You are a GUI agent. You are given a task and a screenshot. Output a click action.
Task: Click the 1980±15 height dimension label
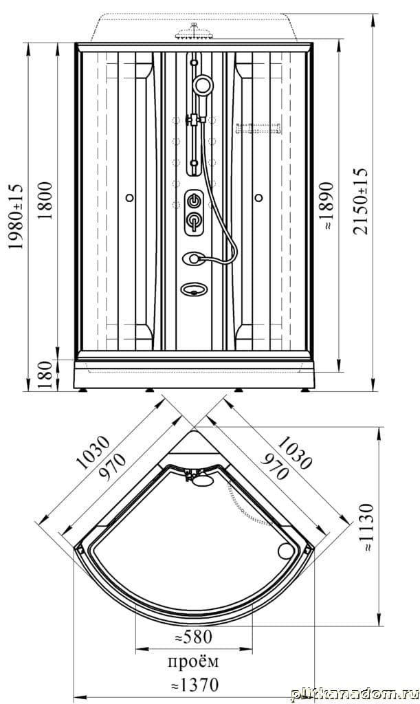16,217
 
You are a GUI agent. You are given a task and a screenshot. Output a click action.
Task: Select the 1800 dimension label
45,200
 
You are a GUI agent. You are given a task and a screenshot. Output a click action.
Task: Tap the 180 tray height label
45,375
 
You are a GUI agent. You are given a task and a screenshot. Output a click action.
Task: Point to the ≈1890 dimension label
328,205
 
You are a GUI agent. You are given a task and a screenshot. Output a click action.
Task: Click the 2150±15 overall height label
360,201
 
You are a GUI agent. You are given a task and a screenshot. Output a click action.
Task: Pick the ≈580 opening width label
193,636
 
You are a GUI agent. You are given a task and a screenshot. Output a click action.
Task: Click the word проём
193,661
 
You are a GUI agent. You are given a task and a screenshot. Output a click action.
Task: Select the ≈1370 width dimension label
195,685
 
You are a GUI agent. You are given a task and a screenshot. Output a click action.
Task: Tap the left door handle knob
130,197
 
